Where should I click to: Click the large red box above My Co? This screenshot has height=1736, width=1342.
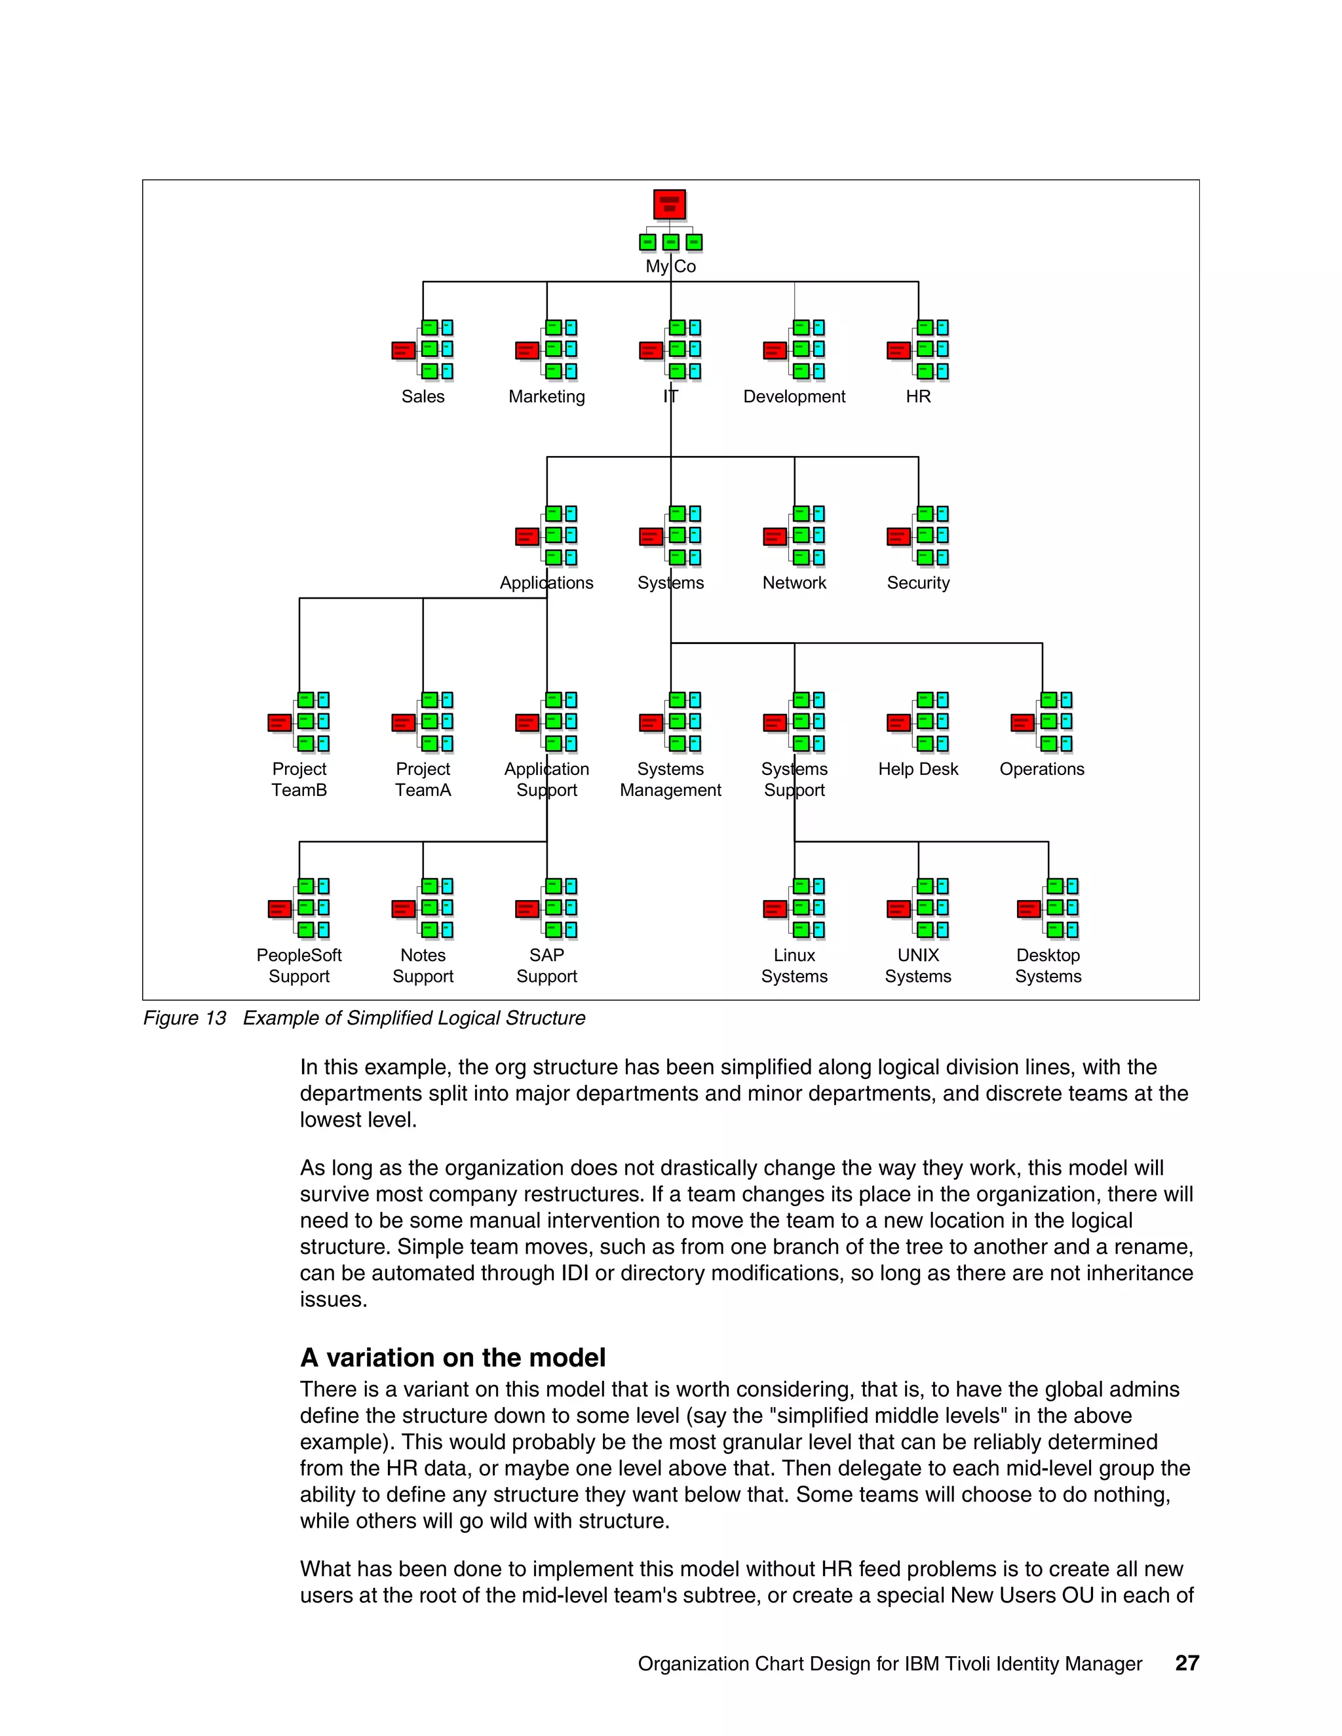(x=670, y=204)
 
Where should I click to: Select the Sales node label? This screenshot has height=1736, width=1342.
(x=423, y=396)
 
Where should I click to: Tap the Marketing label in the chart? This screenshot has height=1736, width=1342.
(x=546, y=396)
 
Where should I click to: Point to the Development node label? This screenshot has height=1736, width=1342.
(x=794, y=396)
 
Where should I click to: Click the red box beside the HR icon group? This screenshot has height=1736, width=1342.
(x=898, y=350)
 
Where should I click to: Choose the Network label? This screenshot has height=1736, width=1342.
(x=794, y=582)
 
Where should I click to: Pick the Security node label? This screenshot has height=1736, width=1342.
(x=918, y=582)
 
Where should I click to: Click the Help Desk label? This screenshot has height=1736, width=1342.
(x=918, y=768)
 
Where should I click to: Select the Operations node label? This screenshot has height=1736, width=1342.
(x=1041, y=768)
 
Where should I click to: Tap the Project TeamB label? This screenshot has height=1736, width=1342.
(x=299, y=779)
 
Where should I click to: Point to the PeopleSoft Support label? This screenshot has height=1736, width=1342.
(x=299, y=965)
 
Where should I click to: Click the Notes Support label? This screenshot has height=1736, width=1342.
(x=423, y=965)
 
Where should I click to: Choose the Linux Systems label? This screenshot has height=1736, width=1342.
(x=794, y=965)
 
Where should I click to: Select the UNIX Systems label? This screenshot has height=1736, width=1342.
(x=918, y=965)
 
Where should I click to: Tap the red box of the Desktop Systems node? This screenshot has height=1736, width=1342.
(x=1028, y=909)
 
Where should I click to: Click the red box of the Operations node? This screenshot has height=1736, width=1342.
(x=1022, y=723)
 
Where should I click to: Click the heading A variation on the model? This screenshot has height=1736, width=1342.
(x=452, y=1357)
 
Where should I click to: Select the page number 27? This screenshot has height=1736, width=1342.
(x=1186, y=1663)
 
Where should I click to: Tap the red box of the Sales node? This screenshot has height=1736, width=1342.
(x=403, y=350)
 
